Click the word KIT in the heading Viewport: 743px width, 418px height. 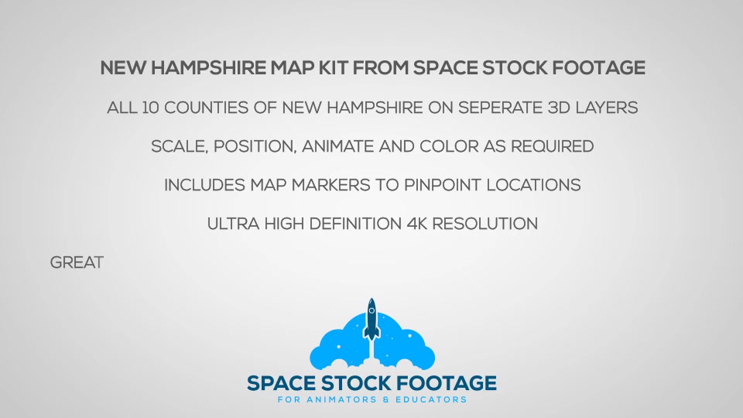[333, 68]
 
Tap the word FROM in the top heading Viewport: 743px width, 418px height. [381, 68]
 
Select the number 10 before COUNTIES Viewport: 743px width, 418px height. [150, 108]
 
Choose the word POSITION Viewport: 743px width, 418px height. [255, 146]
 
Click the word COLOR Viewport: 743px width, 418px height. [449, 146]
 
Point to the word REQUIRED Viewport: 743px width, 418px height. [552, 146]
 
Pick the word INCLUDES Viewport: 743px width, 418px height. [204, 185]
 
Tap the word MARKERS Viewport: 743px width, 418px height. [330, 185]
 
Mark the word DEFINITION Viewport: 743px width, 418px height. [355, 224]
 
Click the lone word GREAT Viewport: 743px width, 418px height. [77, 262]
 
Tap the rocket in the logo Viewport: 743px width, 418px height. [371, 319]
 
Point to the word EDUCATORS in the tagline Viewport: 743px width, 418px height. [431, 399]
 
